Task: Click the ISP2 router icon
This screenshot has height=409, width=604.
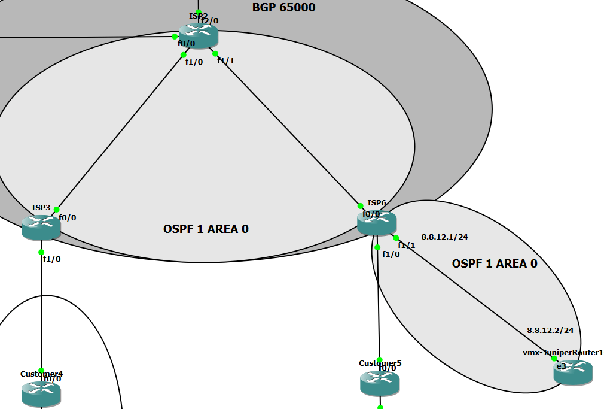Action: point(198,36)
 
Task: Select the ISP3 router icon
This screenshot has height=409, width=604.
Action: point(41,227)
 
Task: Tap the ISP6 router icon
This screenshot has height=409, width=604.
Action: point(377,223)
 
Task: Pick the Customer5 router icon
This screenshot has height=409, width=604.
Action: point(380,383)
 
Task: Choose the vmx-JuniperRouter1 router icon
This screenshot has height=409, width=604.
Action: point(573,372)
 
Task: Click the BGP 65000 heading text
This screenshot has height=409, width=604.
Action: point(283,8)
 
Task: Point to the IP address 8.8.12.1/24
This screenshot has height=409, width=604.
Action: point(444,237)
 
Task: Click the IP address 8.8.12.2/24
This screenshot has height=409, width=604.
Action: point(550,330)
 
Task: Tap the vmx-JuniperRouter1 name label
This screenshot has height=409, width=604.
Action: point(563,352)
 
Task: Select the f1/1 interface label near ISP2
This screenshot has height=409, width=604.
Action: point(225,60)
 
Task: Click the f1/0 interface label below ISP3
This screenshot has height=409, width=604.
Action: point(51,259)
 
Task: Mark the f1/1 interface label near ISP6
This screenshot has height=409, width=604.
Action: point(407,245)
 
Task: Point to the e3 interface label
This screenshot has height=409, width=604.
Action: point(561,366)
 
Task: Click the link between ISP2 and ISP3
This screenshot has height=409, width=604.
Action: point(120,132)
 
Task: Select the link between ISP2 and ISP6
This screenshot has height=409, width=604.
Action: point(287,129)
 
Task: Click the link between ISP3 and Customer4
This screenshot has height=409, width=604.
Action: point(41,311)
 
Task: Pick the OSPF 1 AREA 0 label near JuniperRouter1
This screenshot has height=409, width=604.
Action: point(494,263)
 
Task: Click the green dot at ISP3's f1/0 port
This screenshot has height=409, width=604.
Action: point(41,252)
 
